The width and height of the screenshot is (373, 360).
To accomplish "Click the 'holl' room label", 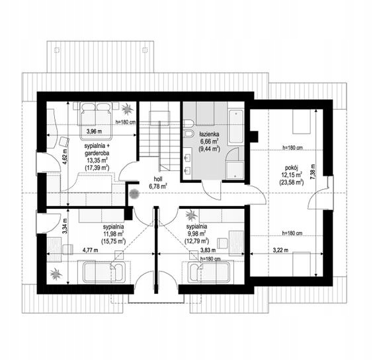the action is point(158,179).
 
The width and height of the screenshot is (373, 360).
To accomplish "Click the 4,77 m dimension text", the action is point(90,250).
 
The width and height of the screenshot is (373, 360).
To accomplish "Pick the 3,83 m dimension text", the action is point(208,250).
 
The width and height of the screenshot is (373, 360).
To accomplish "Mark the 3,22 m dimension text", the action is point(280,250).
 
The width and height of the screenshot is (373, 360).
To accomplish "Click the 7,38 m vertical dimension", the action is point(312,172).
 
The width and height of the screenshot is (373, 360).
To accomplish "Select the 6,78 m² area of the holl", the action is point(158,186).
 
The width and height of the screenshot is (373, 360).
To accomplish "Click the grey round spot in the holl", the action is point(134,194).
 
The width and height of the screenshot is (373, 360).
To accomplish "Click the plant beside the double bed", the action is point(127,108).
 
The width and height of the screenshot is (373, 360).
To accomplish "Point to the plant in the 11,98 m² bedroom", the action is point(56,274).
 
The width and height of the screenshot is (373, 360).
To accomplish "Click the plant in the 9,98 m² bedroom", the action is point(191,215).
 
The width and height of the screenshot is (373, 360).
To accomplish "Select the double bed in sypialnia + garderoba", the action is point(96,121).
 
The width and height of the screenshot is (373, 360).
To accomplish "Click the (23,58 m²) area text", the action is point(292,182).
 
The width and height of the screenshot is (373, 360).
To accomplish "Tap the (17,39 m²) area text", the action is point(97,167).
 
